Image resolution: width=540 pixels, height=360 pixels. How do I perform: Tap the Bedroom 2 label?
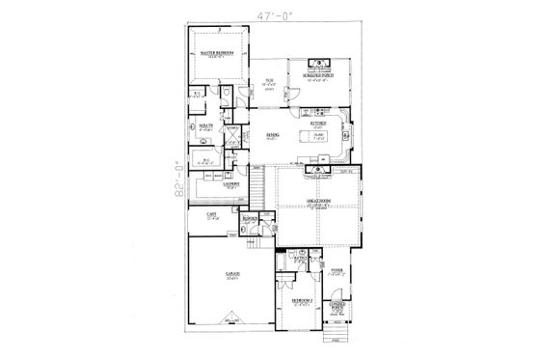302,302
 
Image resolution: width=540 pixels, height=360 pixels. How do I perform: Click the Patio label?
269,80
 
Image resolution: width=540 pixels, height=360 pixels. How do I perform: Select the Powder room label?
250,219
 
